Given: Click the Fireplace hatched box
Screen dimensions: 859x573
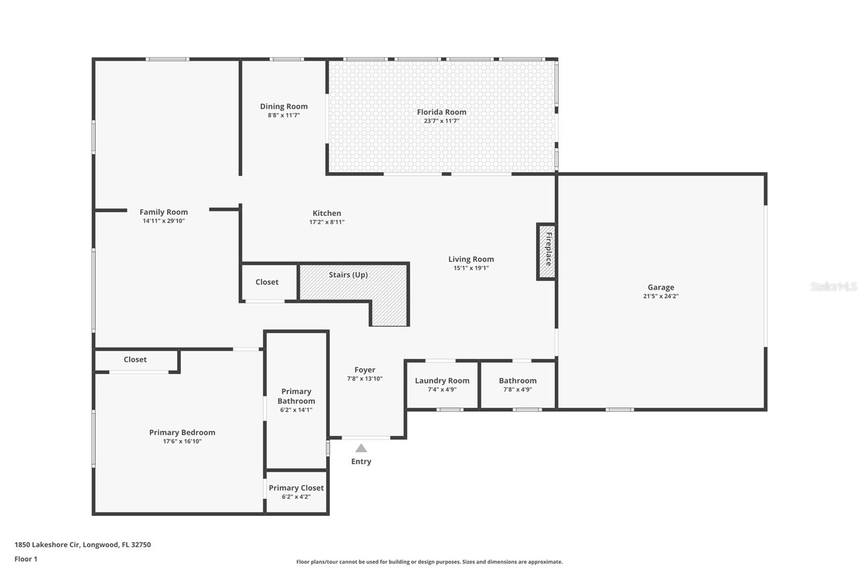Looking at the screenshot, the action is click(547, 252).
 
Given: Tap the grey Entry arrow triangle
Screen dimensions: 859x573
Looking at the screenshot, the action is click(361, 448).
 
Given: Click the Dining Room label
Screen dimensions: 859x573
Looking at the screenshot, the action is click(284, 106).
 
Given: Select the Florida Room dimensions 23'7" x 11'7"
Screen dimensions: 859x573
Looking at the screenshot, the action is click(441, 121).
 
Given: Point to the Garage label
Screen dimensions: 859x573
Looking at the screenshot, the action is click(661, 287).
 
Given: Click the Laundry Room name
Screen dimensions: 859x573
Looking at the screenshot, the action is click(442, 381).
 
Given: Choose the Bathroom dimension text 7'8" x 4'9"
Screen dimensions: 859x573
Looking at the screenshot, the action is click(518, 389).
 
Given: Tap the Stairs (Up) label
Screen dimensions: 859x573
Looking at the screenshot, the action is click(348, 275).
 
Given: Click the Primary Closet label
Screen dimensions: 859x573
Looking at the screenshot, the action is click(296, 488).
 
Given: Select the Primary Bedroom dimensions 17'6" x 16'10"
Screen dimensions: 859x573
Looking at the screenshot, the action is click(182, 441).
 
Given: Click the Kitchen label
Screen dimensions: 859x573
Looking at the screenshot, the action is click(327, 213).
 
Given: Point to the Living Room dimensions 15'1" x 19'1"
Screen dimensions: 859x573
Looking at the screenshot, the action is click(471, 268).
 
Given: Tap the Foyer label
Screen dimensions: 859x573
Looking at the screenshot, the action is click(365, 370).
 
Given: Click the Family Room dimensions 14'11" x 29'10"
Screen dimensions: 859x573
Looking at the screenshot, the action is click(164, 221).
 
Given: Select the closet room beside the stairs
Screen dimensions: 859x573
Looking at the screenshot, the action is click(269, 283).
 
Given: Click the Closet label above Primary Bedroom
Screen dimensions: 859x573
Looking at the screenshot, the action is click(135, 360).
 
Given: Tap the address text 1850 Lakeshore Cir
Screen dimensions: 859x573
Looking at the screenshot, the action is click(47, 545).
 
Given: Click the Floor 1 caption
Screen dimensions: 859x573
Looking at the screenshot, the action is click(26, 559).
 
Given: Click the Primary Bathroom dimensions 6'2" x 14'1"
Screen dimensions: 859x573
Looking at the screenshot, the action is click(296, 410).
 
